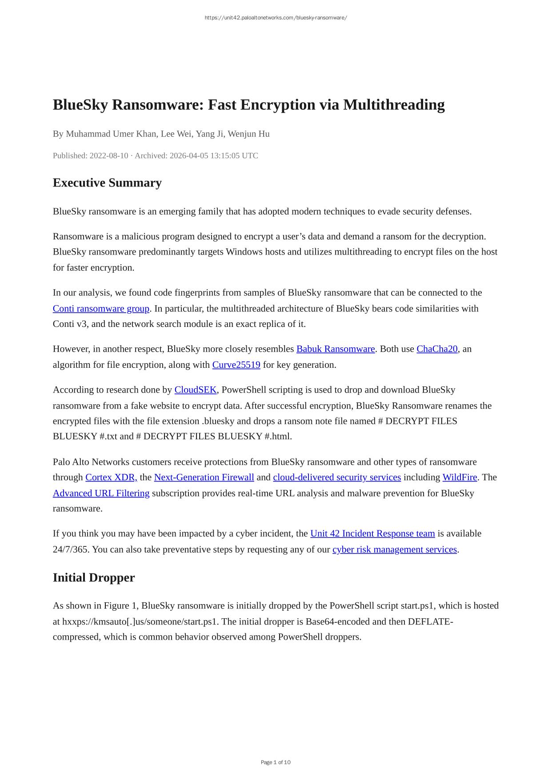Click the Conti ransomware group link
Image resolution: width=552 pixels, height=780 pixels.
[101, 308]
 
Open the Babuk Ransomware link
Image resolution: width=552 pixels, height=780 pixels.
[336, 349]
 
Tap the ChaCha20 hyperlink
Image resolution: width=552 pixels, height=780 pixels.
[437, 349]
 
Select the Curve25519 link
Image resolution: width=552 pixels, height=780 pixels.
[236, 365]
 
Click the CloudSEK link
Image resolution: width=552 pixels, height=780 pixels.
[196, 390]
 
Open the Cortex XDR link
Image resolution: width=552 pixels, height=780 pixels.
[111, 477]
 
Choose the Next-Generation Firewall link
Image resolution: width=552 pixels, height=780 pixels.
[204, 477]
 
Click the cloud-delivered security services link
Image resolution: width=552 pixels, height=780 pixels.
[337, 477]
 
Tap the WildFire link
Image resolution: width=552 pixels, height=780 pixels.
[460, 477]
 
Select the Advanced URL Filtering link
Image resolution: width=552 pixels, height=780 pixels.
[101, 493]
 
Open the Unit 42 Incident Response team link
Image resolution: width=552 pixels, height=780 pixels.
[372, 533]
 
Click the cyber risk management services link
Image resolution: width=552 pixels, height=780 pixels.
[395, 549]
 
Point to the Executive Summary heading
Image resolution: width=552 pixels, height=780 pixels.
[107, 183]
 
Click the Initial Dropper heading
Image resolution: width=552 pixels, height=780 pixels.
[94, 577]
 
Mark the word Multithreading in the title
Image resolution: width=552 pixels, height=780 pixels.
[394, 105]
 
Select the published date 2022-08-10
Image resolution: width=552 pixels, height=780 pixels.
[109, 155]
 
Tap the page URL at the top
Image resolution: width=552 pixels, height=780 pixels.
[276, 18]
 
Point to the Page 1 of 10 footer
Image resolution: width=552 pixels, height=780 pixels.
[276, 762]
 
